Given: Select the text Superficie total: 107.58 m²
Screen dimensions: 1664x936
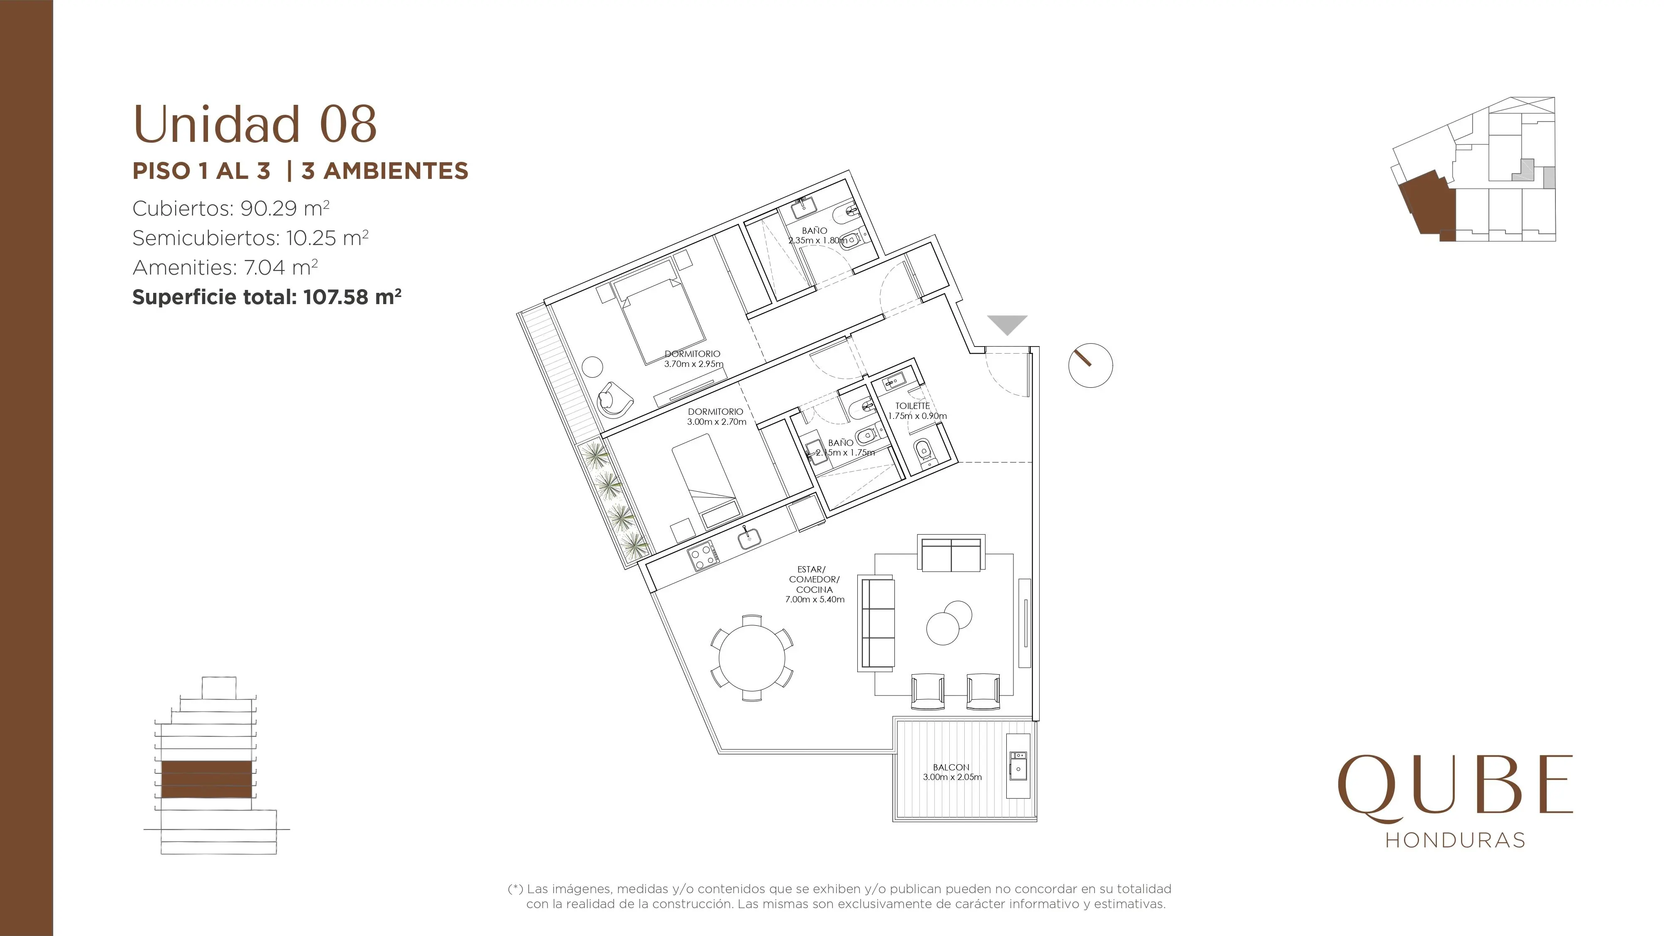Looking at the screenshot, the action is [267, 297].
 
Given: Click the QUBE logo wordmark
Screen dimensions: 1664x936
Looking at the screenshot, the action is [1455, 787].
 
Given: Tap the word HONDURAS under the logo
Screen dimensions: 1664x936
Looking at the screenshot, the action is [1455, 840].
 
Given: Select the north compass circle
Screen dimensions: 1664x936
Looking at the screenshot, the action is [1090, 365].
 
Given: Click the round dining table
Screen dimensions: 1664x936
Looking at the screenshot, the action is [752, 658].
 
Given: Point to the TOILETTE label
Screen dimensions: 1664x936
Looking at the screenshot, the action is [913, 406].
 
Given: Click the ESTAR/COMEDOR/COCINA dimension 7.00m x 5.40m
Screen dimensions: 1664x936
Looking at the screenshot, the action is [815, 599].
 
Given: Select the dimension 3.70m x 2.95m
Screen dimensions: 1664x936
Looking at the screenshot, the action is [694, 364].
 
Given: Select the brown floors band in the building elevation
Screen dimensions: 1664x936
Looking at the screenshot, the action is [206, 779].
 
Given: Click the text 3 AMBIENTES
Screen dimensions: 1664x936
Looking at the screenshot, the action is [385, 171].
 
